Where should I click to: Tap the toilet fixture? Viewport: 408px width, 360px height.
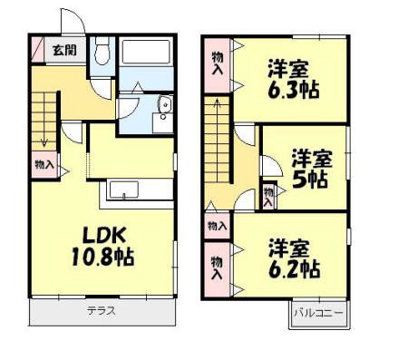102,51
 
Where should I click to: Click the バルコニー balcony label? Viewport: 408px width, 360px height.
318,313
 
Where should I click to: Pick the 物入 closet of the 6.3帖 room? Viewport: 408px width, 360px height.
218,66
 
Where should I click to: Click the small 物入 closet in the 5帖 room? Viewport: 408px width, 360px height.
268,196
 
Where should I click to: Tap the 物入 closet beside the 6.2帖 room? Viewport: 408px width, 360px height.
218,269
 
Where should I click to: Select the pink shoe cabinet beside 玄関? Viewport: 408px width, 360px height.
37,49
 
